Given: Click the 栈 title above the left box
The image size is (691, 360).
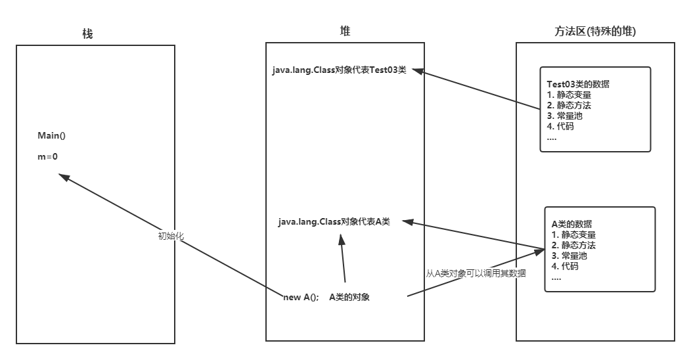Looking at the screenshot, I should coord(88,34).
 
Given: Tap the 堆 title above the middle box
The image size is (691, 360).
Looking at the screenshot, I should coord(345,31).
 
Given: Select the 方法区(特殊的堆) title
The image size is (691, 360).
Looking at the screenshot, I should coord(595,32).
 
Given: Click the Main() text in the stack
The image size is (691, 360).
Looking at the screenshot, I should coord(52,136).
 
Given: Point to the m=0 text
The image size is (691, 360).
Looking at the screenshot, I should coord(48,156).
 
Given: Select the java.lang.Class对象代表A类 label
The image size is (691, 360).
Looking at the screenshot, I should coord(334,222).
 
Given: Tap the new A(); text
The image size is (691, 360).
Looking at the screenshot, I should coord(301,297).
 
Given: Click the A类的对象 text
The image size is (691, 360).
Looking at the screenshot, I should coord(349,297).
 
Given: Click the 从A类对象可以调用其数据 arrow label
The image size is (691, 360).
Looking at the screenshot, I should coord(476,273).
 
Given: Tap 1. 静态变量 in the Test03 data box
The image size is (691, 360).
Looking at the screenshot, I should coord(569,95).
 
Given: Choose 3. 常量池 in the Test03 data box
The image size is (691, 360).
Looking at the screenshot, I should coord(564,116).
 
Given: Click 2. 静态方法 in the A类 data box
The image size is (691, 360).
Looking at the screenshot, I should coord(573,245).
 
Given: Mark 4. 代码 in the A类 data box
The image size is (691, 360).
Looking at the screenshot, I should coord(564,266).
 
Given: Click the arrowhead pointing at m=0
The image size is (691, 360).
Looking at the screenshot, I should coord(63,177).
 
